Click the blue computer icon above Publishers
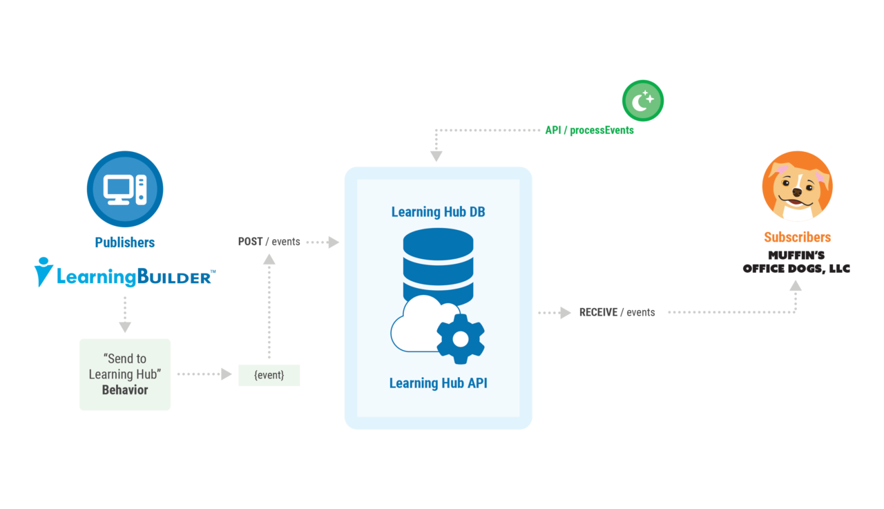tap(125, 189)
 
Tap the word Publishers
tap(125, 242)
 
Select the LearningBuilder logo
tap(125, 273)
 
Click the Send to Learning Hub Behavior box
tap(125, 374)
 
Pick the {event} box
tap(269, 375)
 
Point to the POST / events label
tap(269, 242)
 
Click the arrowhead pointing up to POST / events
tap(269, 260)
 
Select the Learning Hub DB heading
tap(438, 212)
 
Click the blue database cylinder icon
tap(438, 262)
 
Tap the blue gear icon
tap(460, 338)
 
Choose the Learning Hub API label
tap(438, 383)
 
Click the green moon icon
tap(643, 101)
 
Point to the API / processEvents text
tap(589, 130)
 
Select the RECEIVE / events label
tap(617, 312)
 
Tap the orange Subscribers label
tap(797, 237)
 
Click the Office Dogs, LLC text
tap(796, 269)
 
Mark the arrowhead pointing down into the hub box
tap(436, 155)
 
